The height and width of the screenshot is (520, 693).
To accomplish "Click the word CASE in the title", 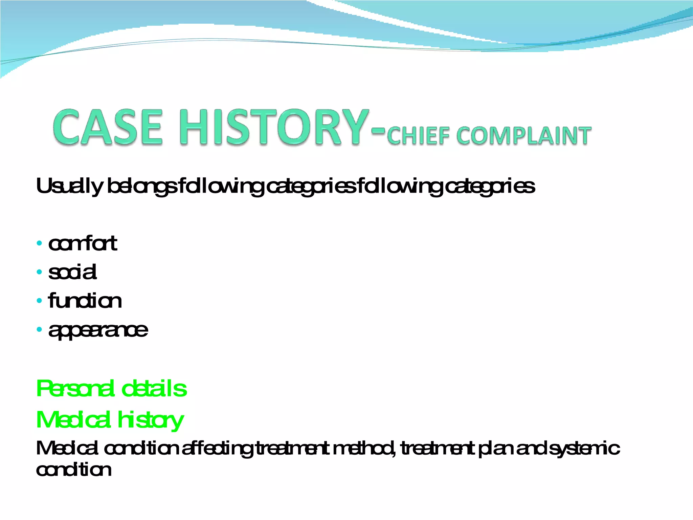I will [108, 128].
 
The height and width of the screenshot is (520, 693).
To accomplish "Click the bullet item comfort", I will [83, 243].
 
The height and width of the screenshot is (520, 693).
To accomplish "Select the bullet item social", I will [72, 272].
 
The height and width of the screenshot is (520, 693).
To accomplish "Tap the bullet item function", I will [85, 301].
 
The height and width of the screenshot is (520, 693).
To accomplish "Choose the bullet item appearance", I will [98, 330].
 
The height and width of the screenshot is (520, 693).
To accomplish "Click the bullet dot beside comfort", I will [40, 243].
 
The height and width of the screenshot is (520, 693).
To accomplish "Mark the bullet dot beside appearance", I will [40, 329].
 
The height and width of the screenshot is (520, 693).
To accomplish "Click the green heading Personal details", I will [111, 389].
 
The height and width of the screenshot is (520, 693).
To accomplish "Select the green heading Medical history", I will [110, 420].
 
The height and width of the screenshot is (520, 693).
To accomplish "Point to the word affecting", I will [217, 449].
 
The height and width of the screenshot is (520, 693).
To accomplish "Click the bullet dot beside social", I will [40, 272].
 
